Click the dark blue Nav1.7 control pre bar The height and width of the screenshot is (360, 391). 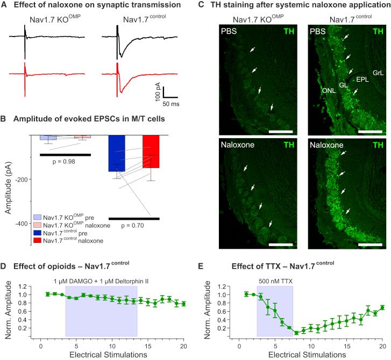(x=117, y=153)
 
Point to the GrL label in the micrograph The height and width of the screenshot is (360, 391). (x=379, y=71)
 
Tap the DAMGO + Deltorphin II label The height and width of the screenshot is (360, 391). (x=101, y=280)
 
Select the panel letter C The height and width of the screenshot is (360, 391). (x=201, y=5)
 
